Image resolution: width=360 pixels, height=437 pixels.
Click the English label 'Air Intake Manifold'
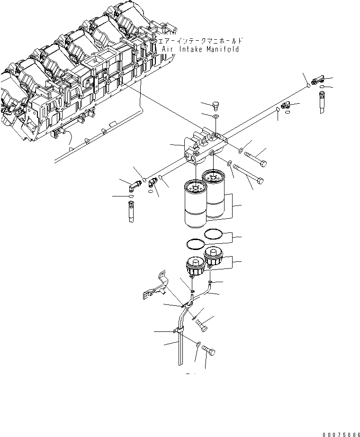[x=200, y=49]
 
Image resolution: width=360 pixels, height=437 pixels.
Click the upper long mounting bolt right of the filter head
[x=257, y=158]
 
